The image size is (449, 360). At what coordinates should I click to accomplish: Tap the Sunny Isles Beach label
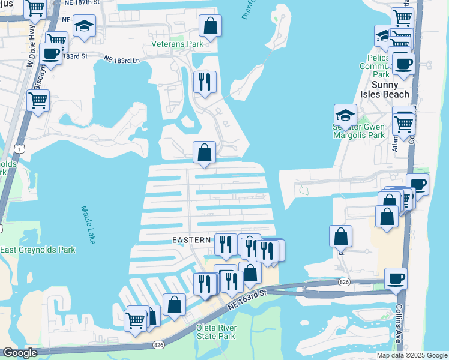[x=385, y=89]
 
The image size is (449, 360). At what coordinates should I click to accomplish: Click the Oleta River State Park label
[x=216, y=332]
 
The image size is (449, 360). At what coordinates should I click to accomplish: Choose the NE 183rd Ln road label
[x=122, y=60]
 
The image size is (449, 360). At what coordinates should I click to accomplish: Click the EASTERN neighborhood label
[x=192, y=240]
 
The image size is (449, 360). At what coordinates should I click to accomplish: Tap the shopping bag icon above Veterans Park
[x=210, y=25]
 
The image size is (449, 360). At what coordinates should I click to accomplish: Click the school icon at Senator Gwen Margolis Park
[x=346, y=114]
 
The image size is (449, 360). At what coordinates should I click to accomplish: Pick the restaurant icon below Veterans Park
[x=205, y=82]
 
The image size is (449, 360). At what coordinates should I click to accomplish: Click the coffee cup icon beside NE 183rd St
[x=51, y=53]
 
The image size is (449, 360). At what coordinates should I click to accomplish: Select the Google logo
[x=20, y=353]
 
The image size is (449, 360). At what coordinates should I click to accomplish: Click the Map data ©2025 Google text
[x=411, y=355]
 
